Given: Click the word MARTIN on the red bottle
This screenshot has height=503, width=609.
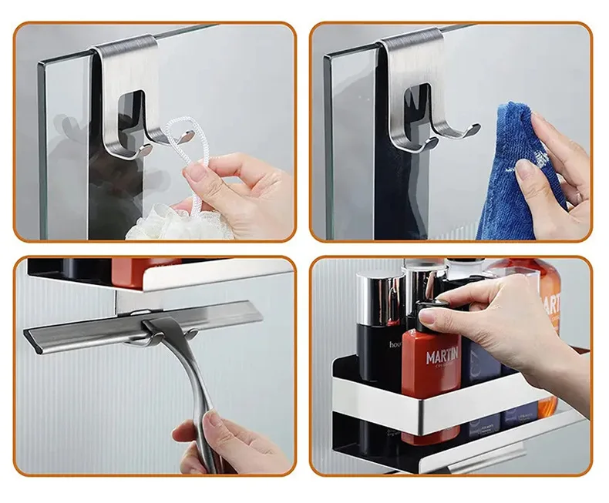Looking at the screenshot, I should (x=442, y=356).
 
